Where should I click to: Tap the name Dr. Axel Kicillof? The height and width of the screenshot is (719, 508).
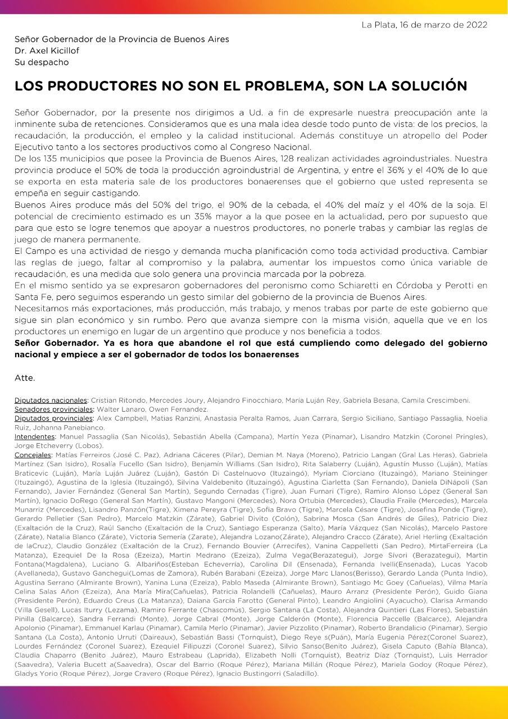click(x=47, y=51)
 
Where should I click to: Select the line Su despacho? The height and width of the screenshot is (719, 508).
click(x=42, y=62)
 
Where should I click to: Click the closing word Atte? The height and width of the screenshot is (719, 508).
click(x=25, y=377)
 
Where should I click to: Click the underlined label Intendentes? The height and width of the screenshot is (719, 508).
click(x=35, y=436)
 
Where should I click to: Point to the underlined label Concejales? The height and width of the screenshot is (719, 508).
click(x=33, y=454)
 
